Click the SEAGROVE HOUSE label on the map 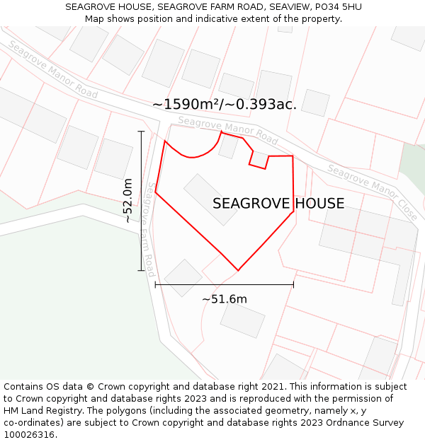(278, 204)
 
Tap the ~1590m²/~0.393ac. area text (224, 104)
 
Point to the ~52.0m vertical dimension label (127, 201)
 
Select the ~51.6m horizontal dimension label (225, 299)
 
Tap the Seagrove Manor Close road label (373, 192)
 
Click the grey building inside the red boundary (210, 199)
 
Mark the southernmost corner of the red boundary (238, 270)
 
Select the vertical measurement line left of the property (141, 201)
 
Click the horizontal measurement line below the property (224, 285)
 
